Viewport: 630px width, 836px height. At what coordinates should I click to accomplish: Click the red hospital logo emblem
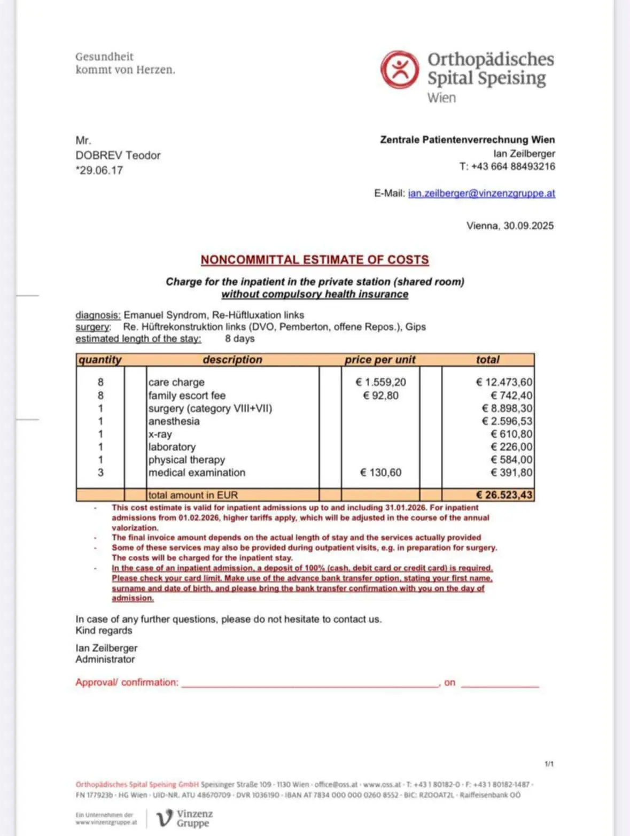click(x=399, y=69)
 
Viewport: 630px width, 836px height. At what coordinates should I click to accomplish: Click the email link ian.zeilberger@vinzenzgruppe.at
click(x=481, y=193)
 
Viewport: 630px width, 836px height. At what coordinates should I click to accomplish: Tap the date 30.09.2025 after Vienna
click(x=528, y=226)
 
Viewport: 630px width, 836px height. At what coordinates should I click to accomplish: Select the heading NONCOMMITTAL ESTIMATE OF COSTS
click(x=315, y=260)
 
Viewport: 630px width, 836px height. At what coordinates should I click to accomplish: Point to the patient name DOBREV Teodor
click(x=118, y=156)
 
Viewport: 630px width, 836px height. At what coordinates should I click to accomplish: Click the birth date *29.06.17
click(x=99, y=171)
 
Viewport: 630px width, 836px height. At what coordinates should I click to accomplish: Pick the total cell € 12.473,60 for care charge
click(x=504, y=382)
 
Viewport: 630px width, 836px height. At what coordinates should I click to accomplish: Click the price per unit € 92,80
click(x=380, y=396)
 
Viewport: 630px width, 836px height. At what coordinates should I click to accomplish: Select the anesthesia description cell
click(x=174, y=421)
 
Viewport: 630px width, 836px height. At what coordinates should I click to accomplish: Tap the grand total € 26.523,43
click(x=504, y=495)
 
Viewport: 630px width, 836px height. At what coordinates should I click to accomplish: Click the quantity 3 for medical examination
click(x=100, y=473)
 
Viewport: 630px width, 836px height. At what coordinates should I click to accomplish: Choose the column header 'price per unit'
click(x=380, y=360)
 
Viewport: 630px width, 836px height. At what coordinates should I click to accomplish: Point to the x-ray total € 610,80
click(x=511, y=434)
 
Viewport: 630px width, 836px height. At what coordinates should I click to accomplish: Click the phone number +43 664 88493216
click(x=513, y=167)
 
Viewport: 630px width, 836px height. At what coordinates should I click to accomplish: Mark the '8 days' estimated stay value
click(x=239, y=339)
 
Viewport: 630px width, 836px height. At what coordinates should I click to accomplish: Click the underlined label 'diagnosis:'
click(x=98, y=315)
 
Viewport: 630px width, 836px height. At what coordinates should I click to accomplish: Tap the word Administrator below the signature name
click(x=105, y=660)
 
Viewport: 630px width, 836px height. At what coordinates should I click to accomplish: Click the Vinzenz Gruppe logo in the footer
click(x=185, y=818)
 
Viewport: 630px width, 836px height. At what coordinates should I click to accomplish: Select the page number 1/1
click(x=549, y=764)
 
